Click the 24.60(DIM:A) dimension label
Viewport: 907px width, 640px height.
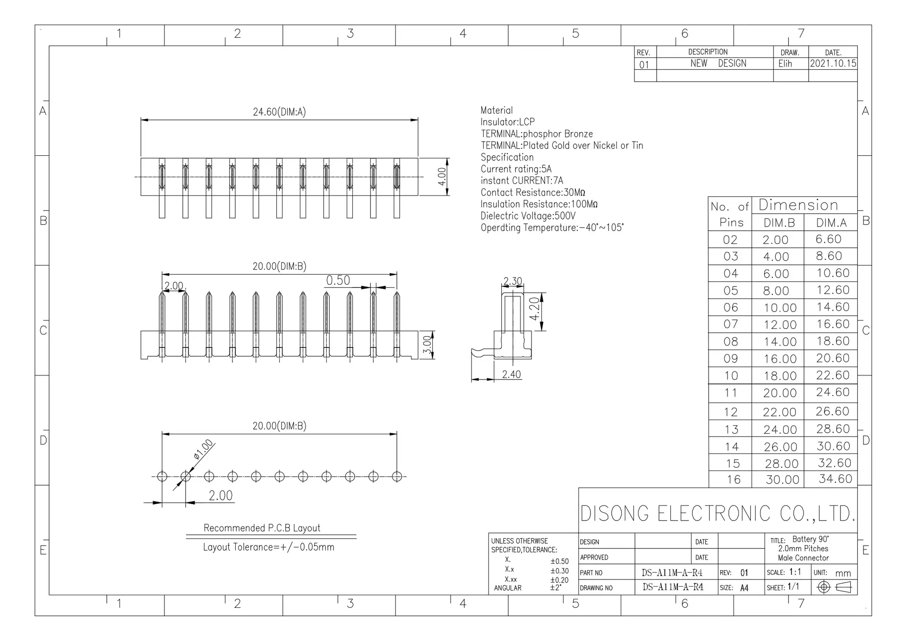279,112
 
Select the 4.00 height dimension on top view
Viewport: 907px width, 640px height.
442,177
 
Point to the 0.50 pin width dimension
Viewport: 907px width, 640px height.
338,280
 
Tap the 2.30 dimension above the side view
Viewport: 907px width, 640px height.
513,281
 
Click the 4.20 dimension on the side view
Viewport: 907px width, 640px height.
534,309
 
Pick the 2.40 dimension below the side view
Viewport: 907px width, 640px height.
512,374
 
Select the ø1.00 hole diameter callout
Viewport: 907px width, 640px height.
204,449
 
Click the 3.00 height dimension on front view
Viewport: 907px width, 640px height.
427,345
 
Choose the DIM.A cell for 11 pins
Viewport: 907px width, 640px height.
832,392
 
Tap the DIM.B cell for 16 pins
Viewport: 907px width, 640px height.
782,480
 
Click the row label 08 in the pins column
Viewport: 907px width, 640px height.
730,341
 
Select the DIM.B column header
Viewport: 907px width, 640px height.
779,223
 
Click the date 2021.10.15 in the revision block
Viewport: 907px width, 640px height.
833,63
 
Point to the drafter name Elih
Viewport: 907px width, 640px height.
785,63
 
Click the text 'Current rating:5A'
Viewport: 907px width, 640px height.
516,169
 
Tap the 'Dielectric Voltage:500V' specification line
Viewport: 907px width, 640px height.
528,216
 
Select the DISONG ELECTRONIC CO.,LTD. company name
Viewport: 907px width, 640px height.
718,514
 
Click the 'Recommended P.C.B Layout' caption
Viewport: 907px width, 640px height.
262,528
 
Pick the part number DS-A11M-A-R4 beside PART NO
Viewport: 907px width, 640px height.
672,573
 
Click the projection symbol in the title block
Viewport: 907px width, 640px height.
834,587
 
